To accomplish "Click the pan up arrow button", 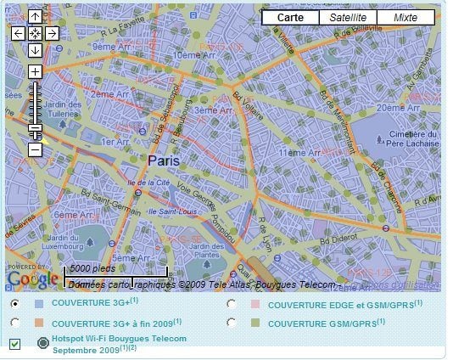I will point(35,17).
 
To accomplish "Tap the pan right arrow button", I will point(52,33).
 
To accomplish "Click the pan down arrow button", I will point(35,49).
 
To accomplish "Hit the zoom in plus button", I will point(35,72).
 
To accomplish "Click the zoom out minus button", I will point(35,149).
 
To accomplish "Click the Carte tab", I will point(291,18).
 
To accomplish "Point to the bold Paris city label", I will point(164,160).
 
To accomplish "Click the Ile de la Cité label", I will point(147,183).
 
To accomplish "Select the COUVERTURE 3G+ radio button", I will point(15,303).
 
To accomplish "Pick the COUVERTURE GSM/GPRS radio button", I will point(231,323).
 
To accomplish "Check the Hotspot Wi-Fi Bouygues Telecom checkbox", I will point(15,344).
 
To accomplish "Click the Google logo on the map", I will point(32,278).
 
